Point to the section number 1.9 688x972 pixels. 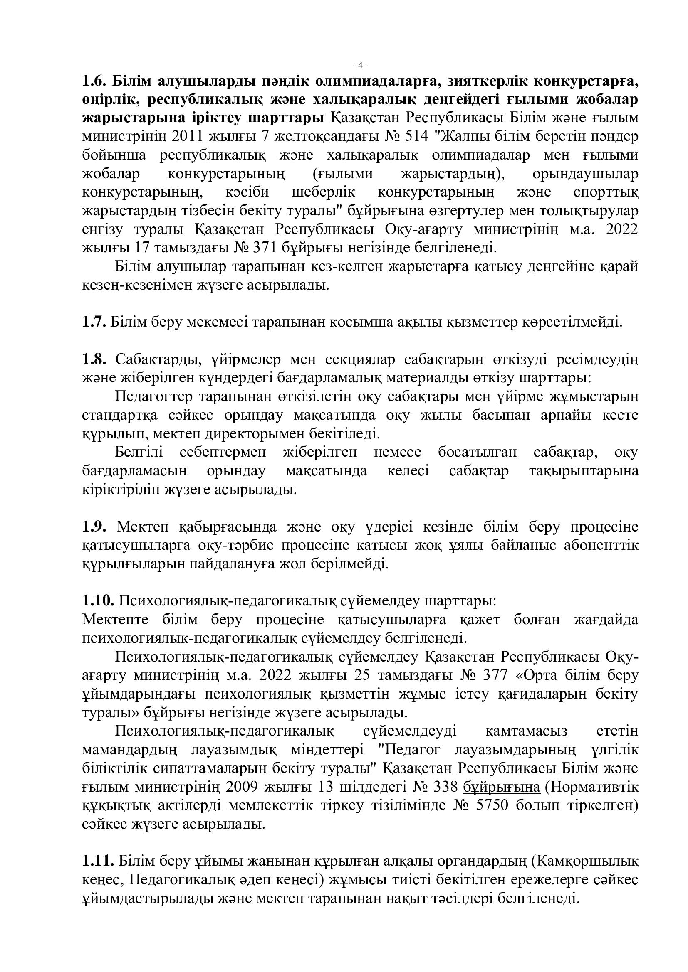pyautogui.click(x=94, y=527)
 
